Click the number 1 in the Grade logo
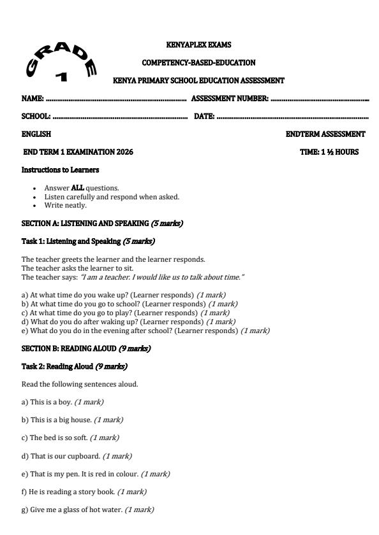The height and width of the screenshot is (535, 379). [61, 76]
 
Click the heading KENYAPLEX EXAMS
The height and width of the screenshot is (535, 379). [198, 45]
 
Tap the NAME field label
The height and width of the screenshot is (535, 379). [33, 99]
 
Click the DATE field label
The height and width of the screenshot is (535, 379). [204, 117]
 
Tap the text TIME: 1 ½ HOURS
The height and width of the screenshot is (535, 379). [329, 152]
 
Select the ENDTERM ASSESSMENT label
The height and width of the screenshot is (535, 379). [325, 134]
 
